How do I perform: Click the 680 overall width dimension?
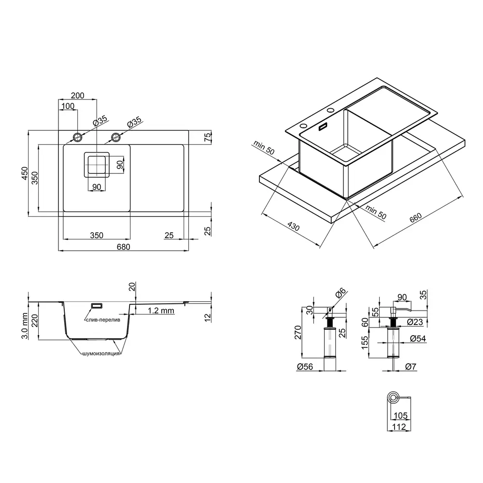tap(123, 247)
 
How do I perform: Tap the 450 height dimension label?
tap(25, 173)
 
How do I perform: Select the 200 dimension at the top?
tap(77, 96)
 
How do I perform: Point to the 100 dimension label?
tap(68, 106)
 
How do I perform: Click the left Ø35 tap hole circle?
tap(77, 137)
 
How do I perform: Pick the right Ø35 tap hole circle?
tap(116, 137)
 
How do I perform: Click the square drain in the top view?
tap(97, 165)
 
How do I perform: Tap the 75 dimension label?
tap(208, 137)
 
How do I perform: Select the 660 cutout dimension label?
tap(415, 218)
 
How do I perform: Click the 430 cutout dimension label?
tap(293, 227)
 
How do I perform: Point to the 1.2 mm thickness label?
tap(161, 311)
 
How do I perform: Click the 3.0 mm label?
tap(25, 326)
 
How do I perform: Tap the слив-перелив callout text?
tap(103, 320)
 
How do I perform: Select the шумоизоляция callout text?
tap(101, 354)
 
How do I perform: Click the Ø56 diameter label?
tap(305, 367)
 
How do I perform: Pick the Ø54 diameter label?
tap(418, 339)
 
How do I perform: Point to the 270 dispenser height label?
tap(298, 332)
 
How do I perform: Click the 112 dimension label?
tap(399, 426)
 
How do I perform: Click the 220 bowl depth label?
tap(34, 321)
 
